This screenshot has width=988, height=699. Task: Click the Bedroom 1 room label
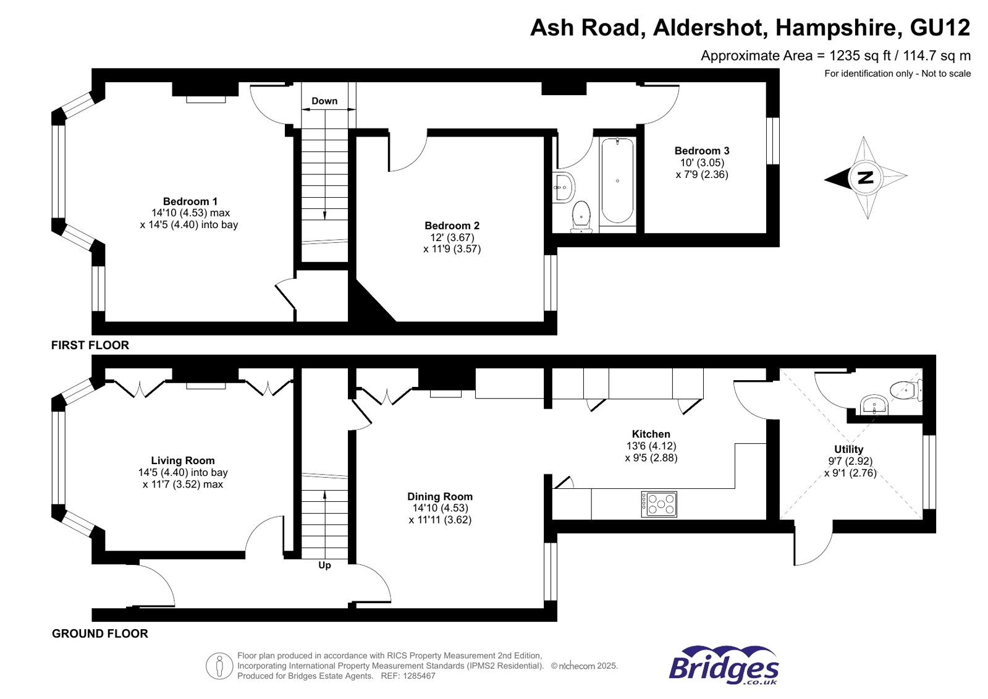pyautogui.click(x=190, y=201)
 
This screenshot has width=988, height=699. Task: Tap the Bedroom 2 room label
pyautogui.click(x=452, y=226)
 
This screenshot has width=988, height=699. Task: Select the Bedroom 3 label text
pyautogui.click(x=701, y=151)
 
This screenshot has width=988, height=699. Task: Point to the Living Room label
pyautogui.click(x=183, y=460)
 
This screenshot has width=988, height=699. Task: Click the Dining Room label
pyautogui.click(x=439, y=496)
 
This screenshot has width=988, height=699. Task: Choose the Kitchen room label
pyautogui.click(x=651, y=434)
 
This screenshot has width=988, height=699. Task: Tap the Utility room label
pyautogui.click(x=848, y=449)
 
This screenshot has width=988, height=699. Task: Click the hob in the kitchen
pyautogui.click(x=659, y=504)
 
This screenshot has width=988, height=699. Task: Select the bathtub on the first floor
pyautogui.click(x=617, y=180)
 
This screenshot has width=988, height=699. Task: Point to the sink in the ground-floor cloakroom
pyautogui.click(x=874, y=406)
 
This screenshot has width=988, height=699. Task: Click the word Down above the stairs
pyautogui.click(x=324, y=101)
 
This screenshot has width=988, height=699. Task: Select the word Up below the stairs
pyautogui.click(x=324, y=565)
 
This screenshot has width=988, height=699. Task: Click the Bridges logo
pyautogui.click(x=723, y=666)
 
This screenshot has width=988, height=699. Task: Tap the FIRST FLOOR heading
pyautogui.click(x=90, y=345)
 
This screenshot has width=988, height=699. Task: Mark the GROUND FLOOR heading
pyautogui.click(x=99, y=633)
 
